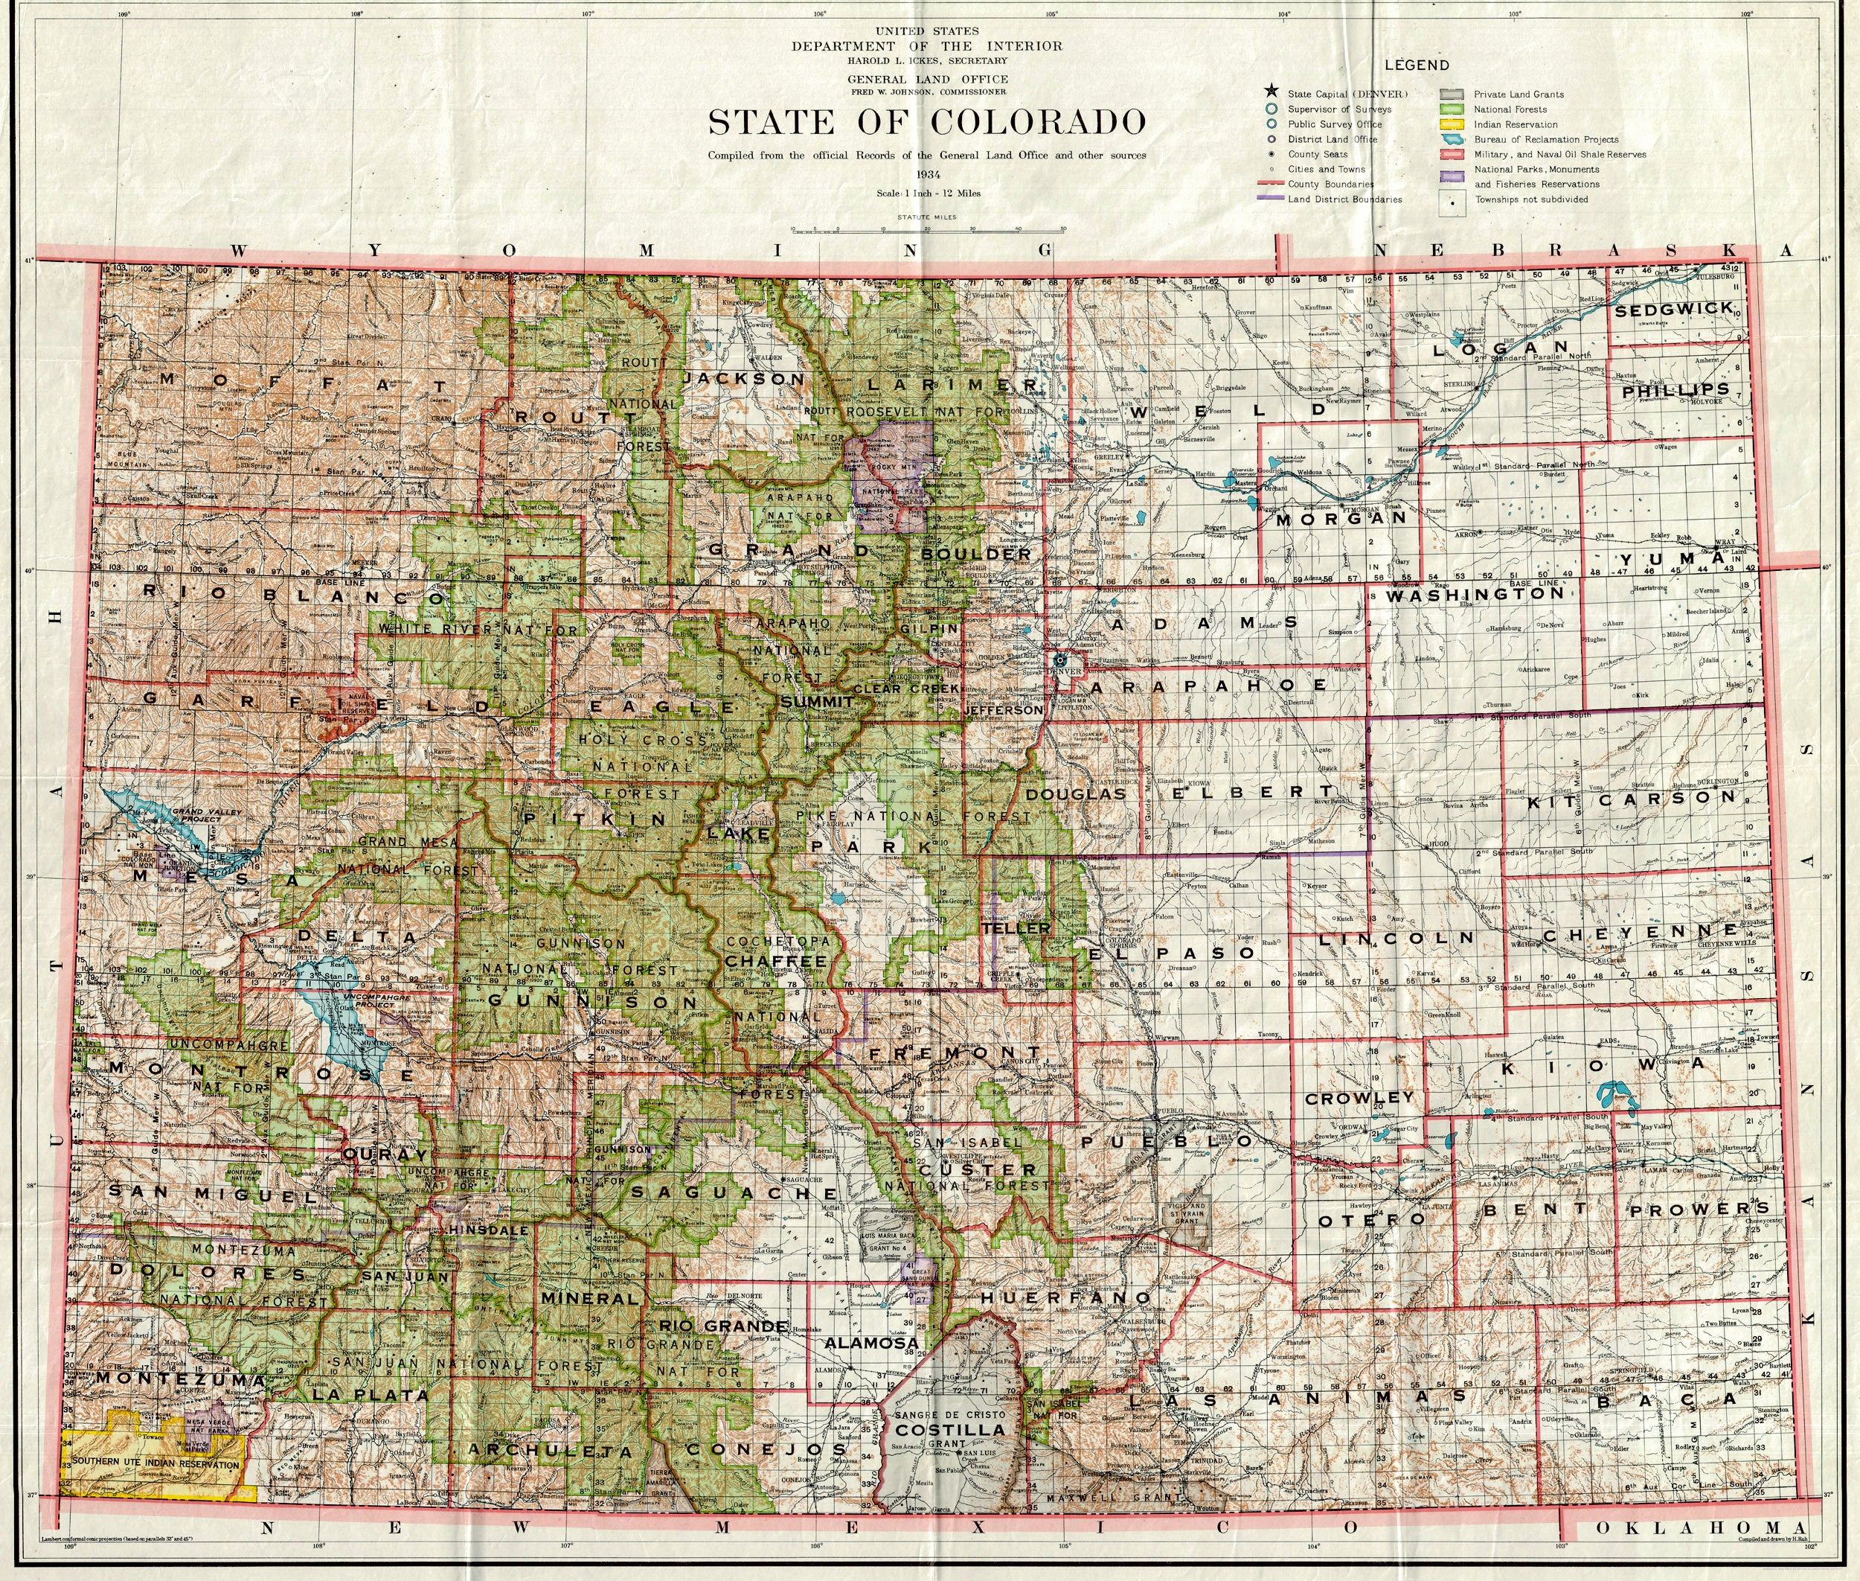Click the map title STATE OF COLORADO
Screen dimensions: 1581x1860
(x=927, y=122)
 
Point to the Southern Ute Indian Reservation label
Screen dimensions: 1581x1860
(x=156, y=1464)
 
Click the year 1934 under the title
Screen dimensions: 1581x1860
(x=926, y=174)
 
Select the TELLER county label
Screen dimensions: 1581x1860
(x=1016, y=928)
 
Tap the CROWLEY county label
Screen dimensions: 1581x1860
(x=1359, y=1098)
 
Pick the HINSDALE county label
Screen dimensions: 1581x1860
(x=492, y=1230)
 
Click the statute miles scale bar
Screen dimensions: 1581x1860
(x=927, y=229)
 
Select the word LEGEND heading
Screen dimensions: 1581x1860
(x=1417, y=65)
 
